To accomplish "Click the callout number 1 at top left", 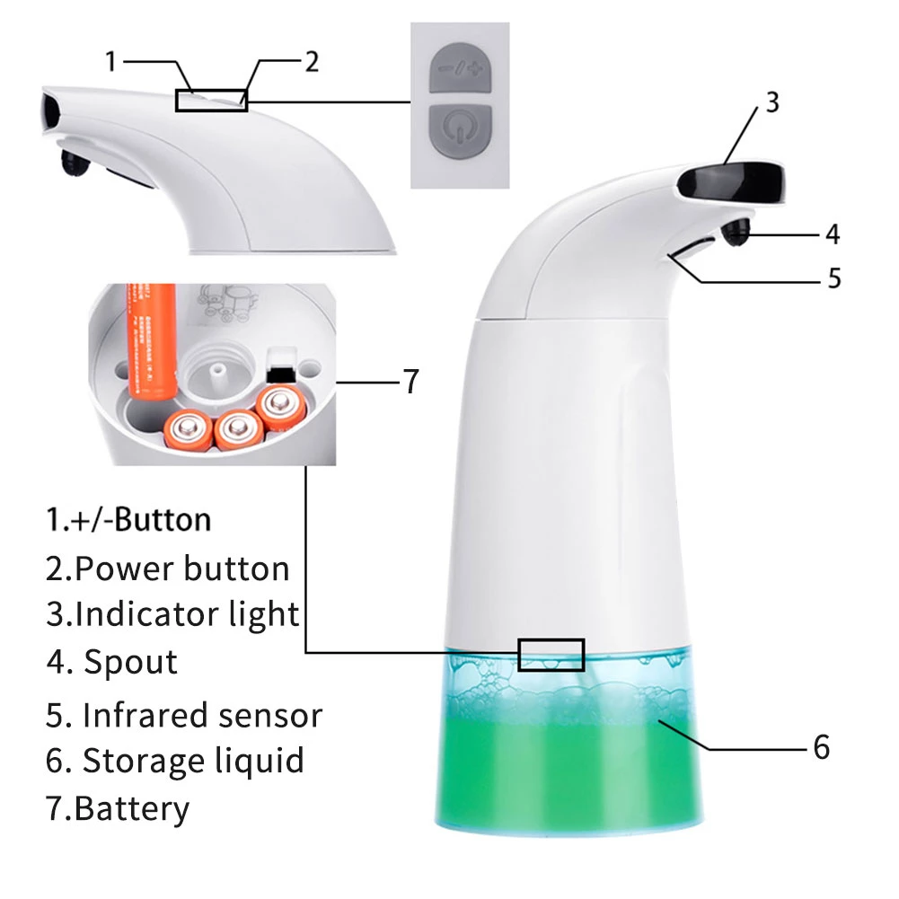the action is [x=111, y=61].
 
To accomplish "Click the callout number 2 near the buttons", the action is [x=312, y=62].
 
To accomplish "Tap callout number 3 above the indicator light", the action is [x=772, y=102].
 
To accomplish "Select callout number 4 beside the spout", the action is [x=833, y=234].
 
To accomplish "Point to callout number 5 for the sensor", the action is [x=834, y=278].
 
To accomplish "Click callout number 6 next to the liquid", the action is [x=822, y=747].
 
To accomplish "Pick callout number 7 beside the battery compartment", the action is [x=411, y=382].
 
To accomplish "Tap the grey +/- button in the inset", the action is [x=461, y=67].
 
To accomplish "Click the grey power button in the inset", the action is [x=461, y=132].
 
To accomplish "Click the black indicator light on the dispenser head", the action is [x=731, y=182].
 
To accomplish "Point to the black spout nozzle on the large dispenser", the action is [x=736, y=233].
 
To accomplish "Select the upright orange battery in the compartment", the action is [x=151, y=340].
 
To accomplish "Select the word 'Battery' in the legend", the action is [x=132, y=809].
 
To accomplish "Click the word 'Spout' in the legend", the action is [x=131, y=663].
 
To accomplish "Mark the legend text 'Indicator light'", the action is [x=187, y=614].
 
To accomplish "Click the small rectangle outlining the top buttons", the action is [x=212, y=101].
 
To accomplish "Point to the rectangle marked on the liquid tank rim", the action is [x=551, y=655].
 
